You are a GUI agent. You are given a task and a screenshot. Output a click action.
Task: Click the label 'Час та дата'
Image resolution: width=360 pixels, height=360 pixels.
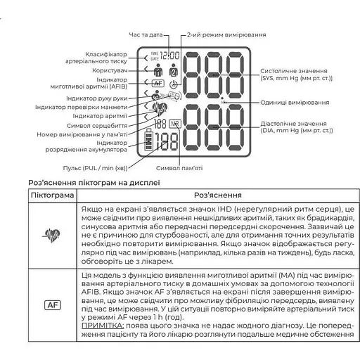coord(146,34)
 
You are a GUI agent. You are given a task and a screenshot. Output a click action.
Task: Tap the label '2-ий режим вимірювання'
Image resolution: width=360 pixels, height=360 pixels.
coord(226,34)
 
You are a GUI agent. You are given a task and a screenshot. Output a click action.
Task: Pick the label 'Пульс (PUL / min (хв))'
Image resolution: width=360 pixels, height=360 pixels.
coord(98,167)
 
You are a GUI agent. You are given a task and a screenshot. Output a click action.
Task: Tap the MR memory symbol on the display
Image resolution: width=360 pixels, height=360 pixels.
coord(174,124)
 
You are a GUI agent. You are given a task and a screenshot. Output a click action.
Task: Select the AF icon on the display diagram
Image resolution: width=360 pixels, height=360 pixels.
coord(157,83)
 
